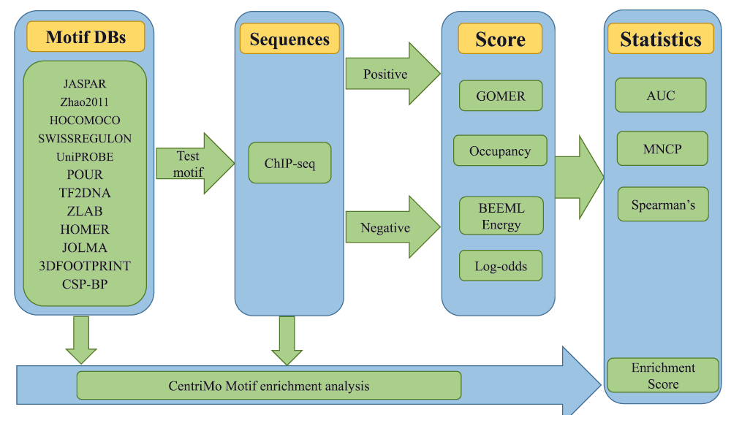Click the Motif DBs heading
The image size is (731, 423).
click(86, 37)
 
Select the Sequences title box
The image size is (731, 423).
click(289, 39)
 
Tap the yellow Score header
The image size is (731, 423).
click(500, 39)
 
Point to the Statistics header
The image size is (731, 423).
click(661, 39)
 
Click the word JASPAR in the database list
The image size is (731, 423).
click(85, 84)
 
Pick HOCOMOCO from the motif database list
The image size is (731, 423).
click(85, 121)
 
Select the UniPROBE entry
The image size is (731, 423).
click(85, 156)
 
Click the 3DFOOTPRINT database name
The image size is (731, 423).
click(85, 265)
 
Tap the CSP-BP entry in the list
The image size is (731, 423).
click(85, 283)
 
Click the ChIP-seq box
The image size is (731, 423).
click(290, 163)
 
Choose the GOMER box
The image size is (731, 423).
click(501, 96)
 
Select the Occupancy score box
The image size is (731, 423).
click(500, 151)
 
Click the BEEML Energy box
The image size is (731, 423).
click(501, 216)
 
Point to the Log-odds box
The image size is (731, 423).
click(501, 266)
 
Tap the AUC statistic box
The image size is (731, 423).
click(661, 96)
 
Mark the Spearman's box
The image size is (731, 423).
click(664, 205)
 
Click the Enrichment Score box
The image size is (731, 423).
click(664, 376)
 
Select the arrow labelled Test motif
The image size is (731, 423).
click(195, 163)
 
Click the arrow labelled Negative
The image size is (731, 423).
click(393, 227)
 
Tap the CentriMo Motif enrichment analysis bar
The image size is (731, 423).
click(269, 386)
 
